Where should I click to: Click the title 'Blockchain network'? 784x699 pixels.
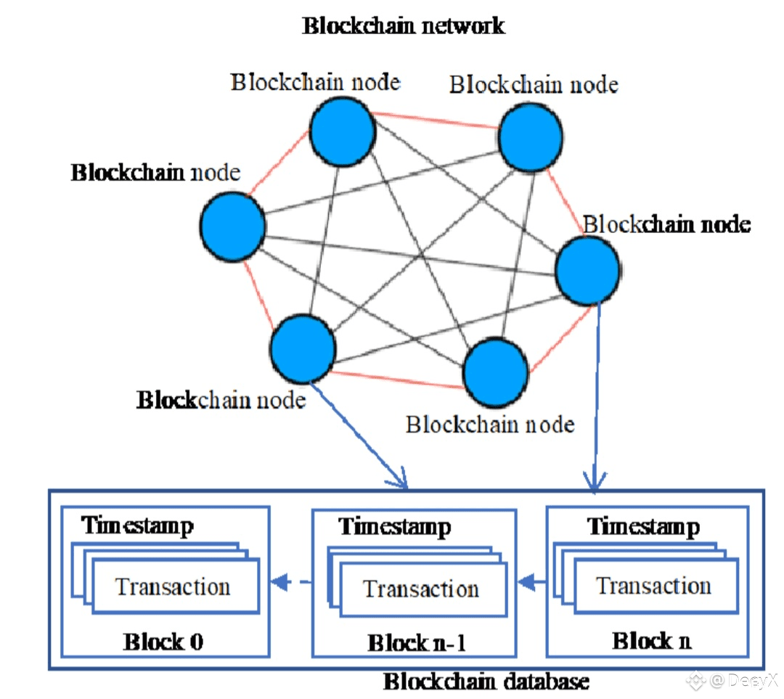click(403, 26)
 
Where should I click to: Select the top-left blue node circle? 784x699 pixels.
click(343, 131)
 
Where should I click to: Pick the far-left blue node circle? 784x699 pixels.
click(232, 226)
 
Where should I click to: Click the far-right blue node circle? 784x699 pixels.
click(588, 270)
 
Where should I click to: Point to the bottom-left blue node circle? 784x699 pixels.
click(303, 349)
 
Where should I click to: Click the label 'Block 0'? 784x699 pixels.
click(163, 642)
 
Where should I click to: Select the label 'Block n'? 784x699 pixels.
click(651, 641)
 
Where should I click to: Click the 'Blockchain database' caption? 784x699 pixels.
click(486, 682)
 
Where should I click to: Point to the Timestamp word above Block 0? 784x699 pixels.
click(137, 526)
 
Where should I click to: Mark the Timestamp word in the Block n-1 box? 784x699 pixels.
click(395, 526)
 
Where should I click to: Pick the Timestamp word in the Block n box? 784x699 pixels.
click(643, 526)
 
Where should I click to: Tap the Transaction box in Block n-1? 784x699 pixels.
click(421, 589)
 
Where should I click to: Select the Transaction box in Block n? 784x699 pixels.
click(653, 586)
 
